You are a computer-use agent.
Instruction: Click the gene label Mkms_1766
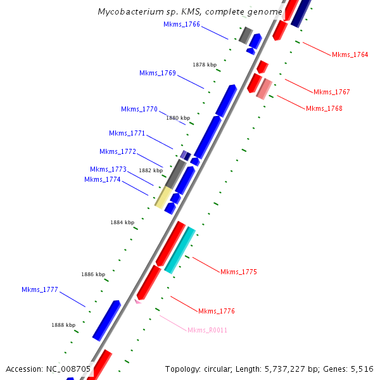pyautogui.click(x=181, y=24)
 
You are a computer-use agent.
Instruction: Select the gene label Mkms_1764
pyautogui.click(x=350, y=54)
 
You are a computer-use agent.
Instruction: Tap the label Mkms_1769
pyautogui.click(x=157, y=73)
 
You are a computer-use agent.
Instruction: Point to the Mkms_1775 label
pyautogui.click(x=238, y=272)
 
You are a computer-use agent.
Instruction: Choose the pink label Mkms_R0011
pyautogui.click(x=207, y=330)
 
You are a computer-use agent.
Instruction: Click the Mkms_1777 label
pyautogui.click(x=39, y=289)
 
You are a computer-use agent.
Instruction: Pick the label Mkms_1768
pyautogui.click(x=324, y=108)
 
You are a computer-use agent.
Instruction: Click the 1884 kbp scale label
pyautogui.click(x=122, y=222)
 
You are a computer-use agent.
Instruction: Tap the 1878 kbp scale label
pyautogui.click(x=205, y=65)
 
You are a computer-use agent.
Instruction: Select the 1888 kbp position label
pyautogui.click(x=64, y=324)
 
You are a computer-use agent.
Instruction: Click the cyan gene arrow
pyautogui.click(x=179, y=250)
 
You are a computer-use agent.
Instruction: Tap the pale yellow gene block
pyautogui.click(x=164, y=196)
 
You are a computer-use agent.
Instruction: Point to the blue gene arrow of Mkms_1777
pyautogui.click(x=106, y=320)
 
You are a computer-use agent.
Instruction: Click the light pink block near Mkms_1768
pyautogui.click(x=264, y=89)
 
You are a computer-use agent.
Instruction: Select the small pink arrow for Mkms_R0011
pyautogui.click(x=137, y=301)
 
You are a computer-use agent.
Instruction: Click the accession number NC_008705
pyautogui.click(x=68, y=369)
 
